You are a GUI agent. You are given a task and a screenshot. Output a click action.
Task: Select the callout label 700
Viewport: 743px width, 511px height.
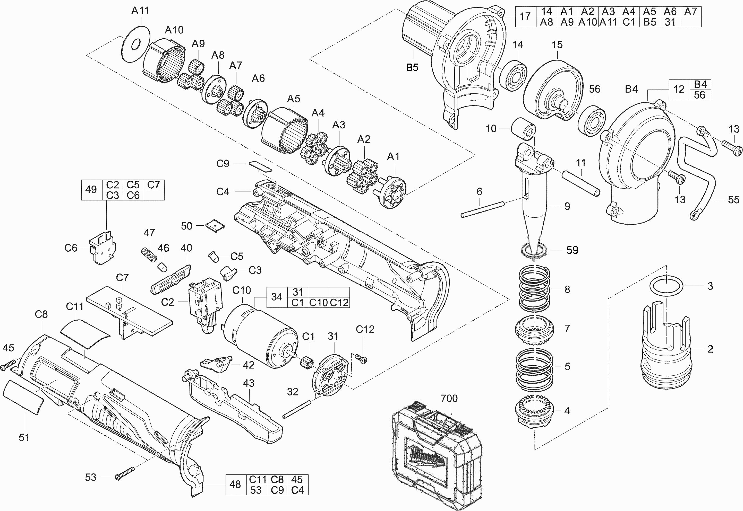point(449,399)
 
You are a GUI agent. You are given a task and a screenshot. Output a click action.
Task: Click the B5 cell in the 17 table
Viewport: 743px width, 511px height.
point(650,22)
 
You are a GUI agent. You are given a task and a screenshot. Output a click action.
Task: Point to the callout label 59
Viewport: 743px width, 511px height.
point(572,250)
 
